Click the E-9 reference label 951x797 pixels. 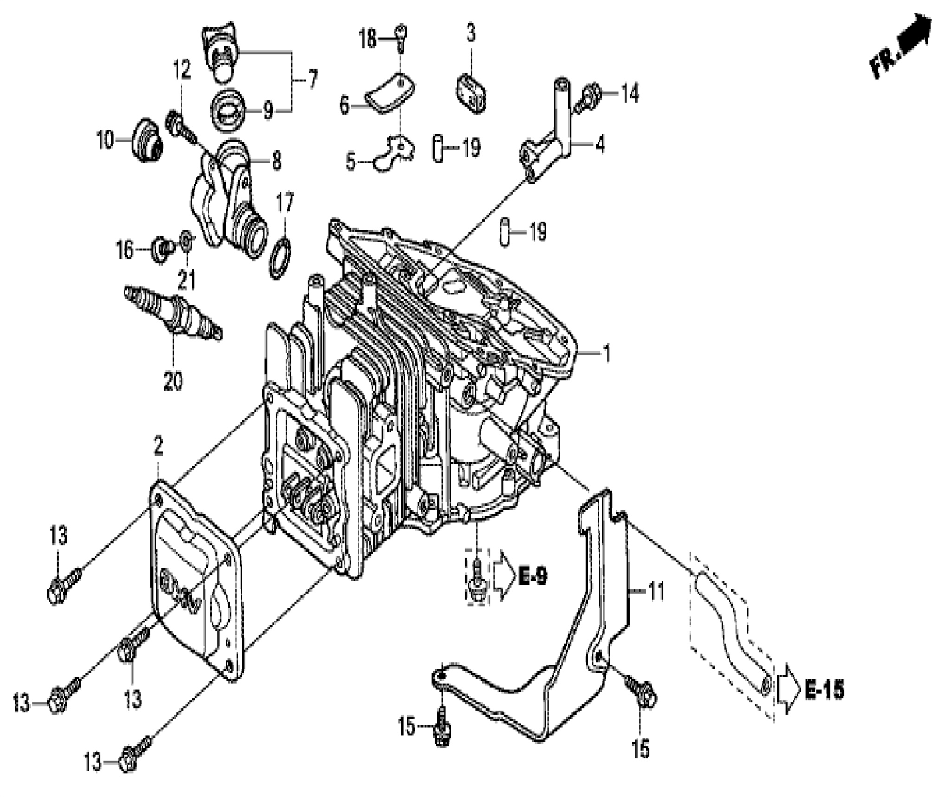coord(532,576)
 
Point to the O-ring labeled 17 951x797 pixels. coord(280,257)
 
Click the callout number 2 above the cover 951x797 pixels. coord(158,447)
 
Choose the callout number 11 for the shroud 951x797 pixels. coord(656,592)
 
